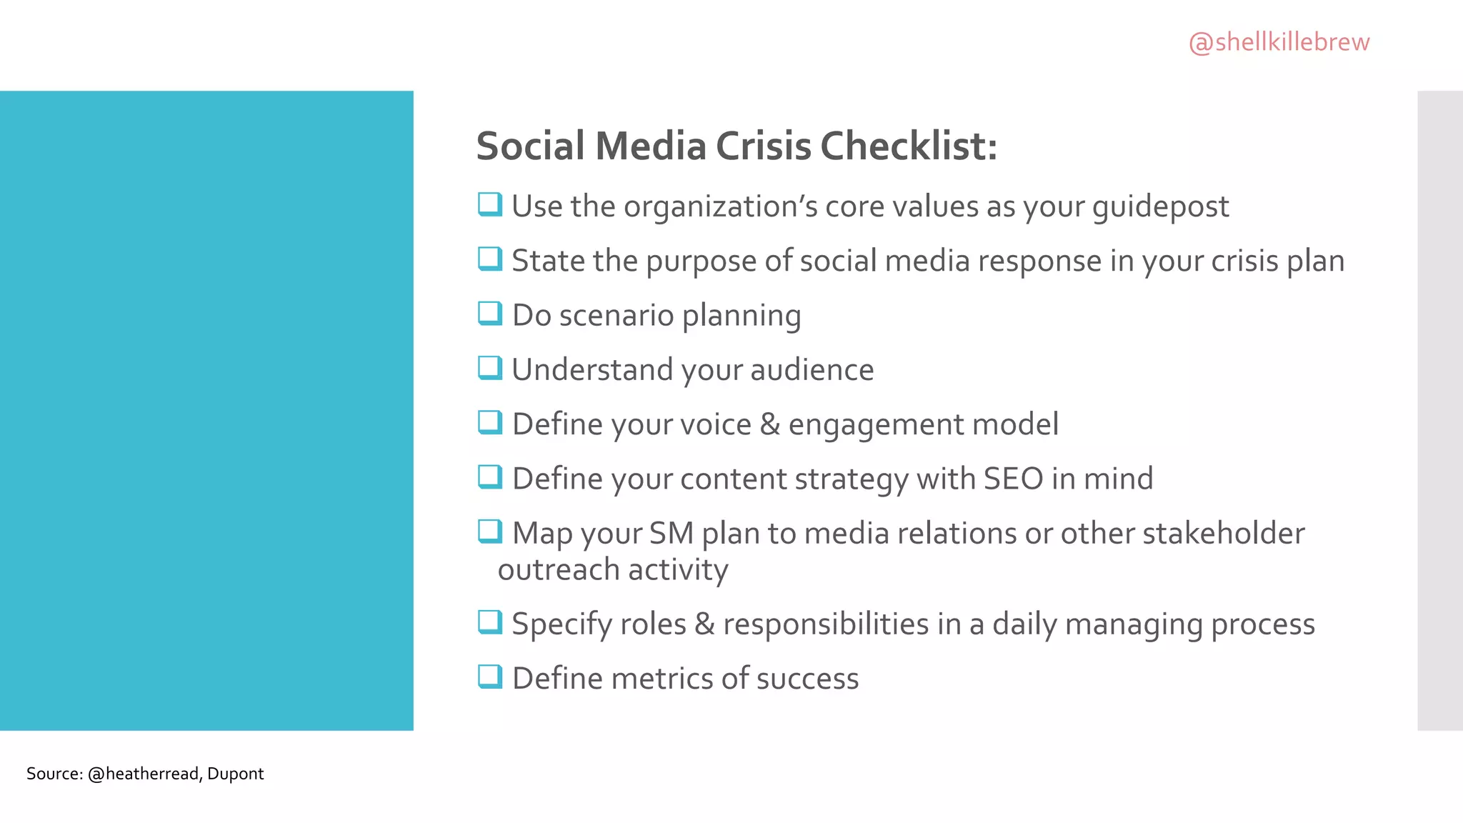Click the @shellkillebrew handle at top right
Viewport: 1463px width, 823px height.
click(1279, 42)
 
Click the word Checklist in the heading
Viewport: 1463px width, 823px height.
click(908, 146)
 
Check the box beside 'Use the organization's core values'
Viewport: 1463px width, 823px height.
click(489, 204)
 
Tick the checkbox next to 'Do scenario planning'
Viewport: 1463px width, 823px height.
click(489, 313)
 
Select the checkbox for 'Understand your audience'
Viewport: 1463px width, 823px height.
click(489, 367)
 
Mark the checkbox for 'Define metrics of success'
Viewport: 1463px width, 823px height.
click(489, 676)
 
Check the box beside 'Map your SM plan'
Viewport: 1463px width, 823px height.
click(489, 531)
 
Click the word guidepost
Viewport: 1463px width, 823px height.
click(1160, 207)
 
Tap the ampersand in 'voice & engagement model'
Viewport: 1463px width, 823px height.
click(769, 424)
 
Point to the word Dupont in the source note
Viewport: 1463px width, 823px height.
click(235, 774)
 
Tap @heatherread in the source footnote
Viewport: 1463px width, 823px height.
click(143, 774)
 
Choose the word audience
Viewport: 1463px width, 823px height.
click(812, 370)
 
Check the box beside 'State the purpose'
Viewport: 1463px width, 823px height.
click(489, 259)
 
